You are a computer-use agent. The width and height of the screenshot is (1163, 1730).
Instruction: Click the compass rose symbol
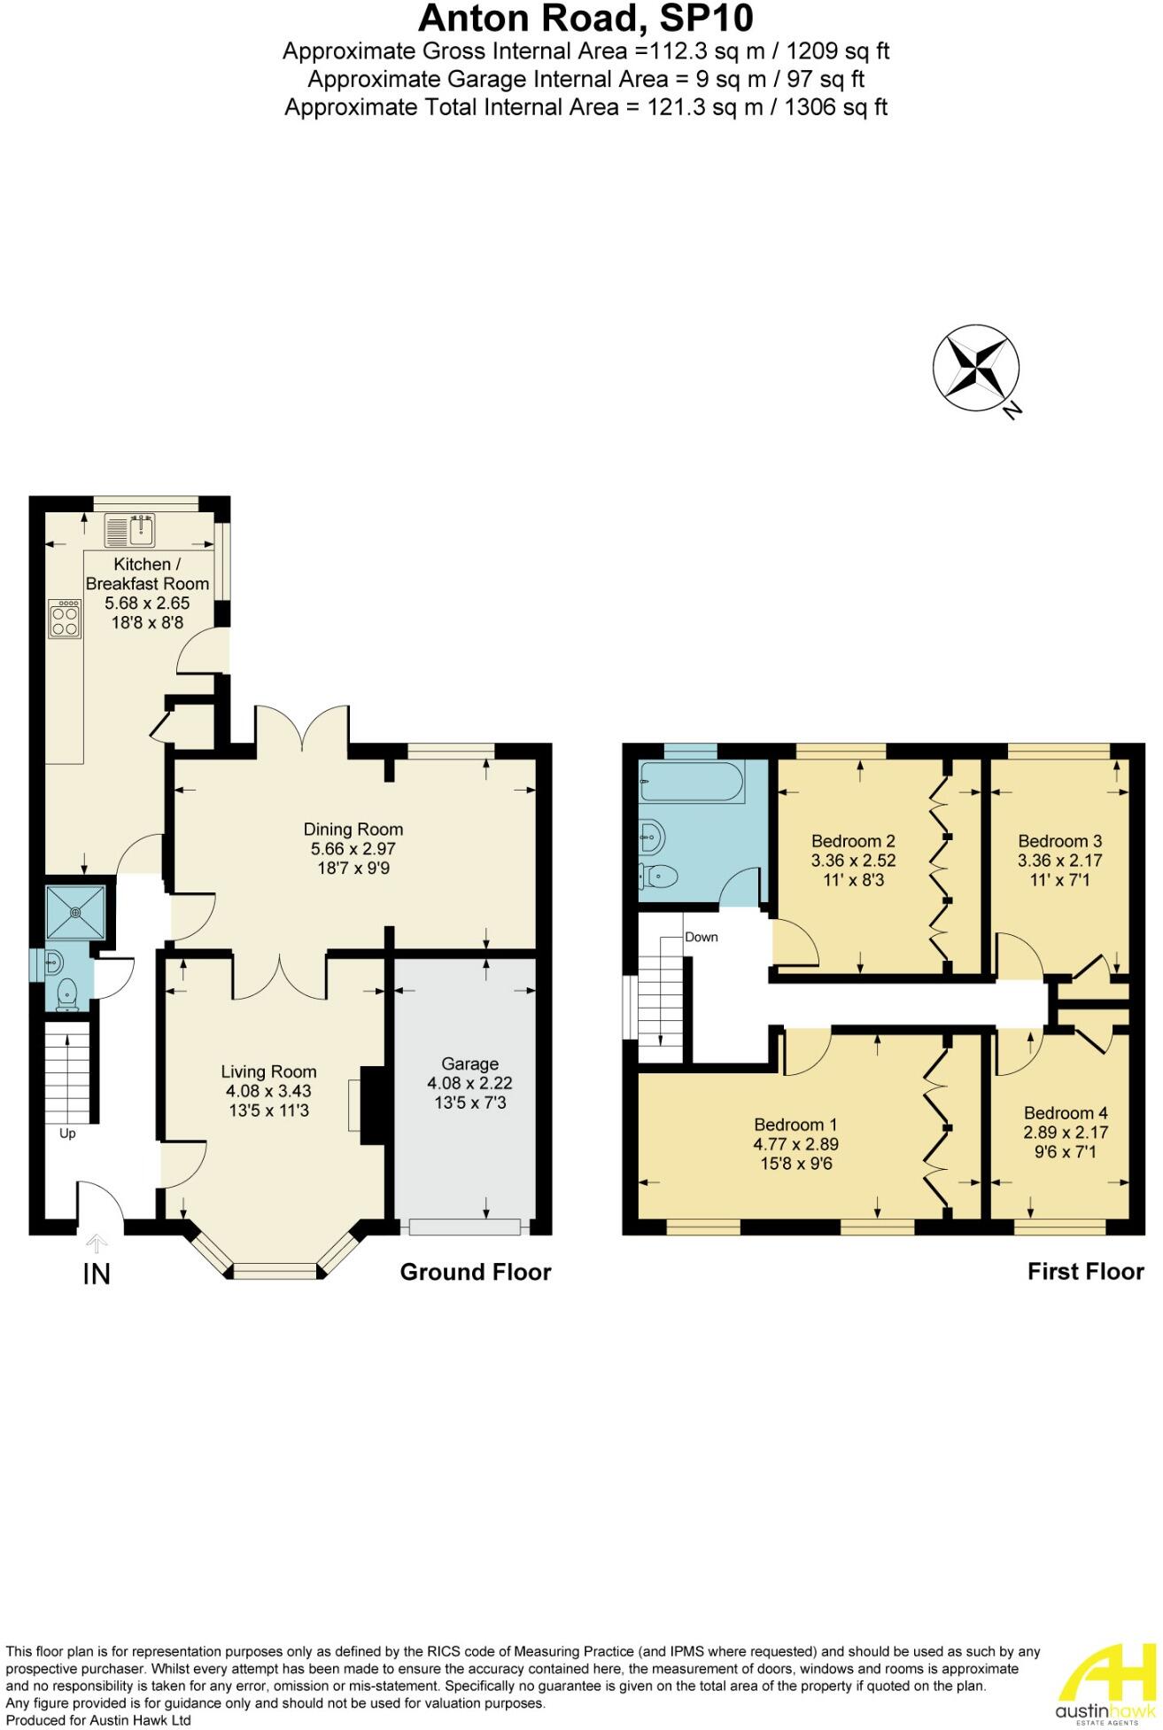(x=975, y=368)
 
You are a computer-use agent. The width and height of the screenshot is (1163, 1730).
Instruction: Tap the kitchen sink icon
(x=130, y=531)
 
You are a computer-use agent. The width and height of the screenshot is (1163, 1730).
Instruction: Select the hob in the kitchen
(x=65, y=618)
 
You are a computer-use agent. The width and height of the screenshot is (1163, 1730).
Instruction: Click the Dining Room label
(x=353, y=830)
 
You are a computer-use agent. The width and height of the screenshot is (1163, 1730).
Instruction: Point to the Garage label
(x=469, y=1064)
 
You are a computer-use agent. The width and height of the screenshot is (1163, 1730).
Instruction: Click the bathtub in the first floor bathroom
(x=692, y=781)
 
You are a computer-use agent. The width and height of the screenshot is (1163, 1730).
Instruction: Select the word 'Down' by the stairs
(x=701, y=937)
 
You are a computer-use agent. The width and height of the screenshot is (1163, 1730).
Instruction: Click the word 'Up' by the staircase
(x=67, y=1134)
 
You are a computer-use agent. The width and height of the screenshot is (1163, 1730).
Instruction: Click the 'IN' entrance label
(x=97, y=1274)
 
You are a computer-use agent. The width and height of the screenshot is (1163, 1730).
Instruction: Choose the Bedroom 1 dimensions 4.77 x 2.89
(x=795, y=1144)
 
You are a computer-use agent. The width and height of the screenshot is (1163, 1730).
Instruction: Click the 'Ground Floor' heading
(x=475, y=1272)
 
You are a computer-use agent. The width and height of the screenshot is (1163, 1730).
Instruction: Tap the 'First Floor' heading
(x=1085, y=1272)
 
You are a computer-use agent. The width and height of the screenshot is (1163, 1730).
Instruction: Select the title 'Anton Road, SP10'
(x=585, y=18)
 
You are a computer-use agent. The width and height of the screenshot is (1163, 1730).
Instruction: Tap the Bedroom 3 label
(x=1059, y=841)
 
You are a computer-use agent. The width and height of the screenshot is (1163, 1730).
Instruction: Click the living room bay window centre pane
(x=275, y=1273)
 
